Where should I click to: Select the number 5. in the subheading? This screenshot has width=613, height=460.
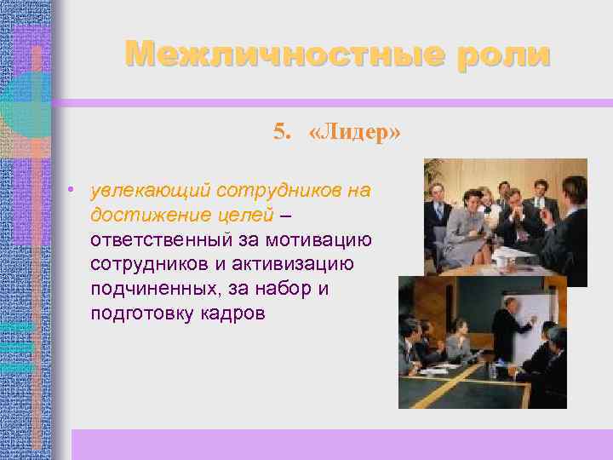tap(283, 131)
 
